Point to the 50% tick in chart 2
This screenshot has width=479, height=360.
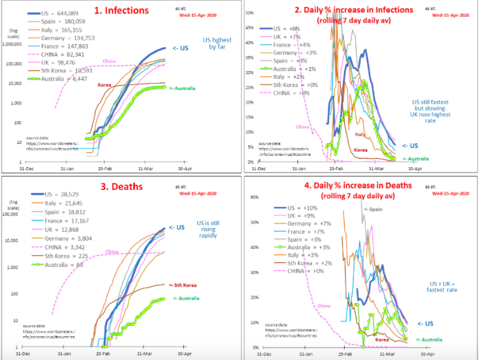pos(250,11)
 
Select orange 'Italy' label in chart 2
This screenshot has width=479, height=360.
pos(361,135)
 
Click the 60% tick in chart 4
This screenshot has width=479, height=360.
pos(254,197)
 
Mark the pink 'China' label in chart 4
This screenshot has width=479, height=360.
pos(324,306)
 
